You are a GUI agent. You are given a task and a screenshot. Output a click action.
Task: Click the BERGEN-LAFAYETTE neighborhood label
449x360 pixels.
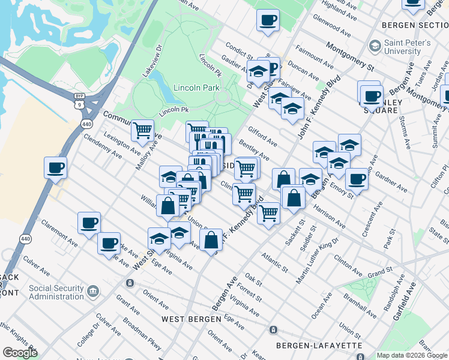[x=319, y=346]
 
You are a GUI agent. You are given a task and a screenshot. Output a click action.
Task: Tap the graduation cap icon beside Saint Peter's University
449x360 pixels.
[x=375, y=46]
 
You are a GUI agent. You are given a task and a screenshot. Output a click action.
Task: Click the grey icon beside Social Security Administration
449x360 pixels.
[x=93, y=292]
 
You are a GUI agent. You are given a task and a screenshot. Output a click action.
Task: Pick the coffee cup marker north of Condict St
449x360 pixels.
[x=268, y=19]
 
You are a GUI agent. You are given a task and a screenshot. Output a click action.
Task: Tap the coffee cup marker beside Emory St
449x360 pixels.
[x=357, y=178]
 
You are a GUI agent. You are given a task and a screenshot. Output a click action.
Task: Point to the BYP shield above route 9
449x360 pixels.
[x=79, y=96]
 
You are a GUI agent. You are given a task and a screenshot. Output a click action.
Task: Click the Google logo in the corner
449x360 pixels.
[x=20, y=353]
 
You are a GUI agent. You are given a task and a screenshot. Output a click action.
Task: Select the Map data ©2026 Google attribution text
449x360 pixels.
[x=411, y=355]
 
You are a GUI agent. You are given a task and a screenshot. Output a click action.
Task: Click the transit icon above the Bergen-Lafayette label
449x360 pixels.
[x=273, y=330]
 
